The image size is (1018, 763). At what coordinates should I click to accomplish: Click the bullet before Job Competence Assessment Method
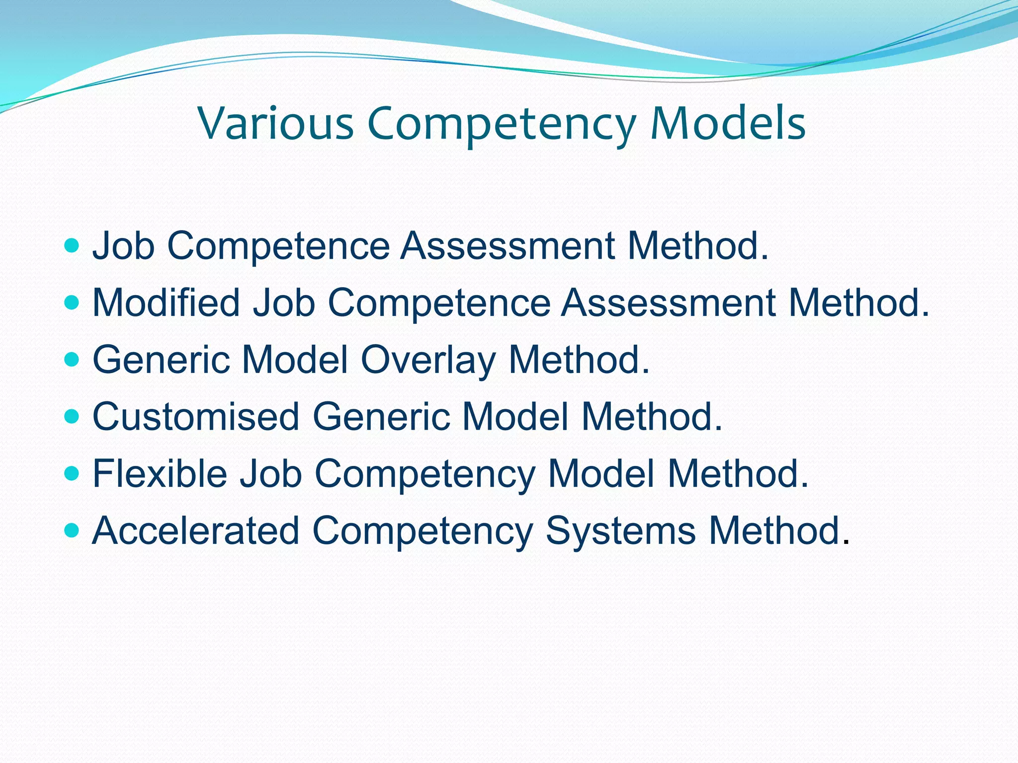pos(72,245)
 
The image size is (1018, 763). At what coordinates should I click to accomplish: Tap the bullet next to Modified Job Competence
pos(72,303)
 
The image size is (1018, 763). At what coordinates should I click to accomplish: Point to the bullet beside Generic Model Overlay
pos(72,359)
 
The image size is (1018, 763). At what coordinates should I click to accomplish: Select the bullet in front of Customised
pos(72,416)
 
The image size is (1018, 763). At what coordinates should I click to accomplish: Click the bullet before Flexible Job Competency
pos(72,473)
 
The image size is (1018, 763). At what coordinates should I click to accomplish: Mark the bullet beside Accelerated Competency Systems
pos(72,531)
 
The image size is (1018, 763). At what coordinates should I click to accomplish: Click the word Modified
pos(167,303)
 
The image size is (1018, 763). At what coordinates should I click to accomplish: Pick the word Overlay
pos(428,360)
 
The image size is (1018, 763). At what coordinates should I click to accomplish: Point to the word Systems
pos(621,532)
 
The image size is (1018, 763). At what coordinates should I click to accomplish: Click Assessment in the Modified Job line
pos(669,303)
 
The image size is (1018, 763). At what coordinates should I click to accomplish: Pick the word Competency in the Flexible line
pos(425,474)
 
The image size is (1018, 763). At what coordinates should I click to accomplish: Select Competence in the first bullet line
pos(278,246)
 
